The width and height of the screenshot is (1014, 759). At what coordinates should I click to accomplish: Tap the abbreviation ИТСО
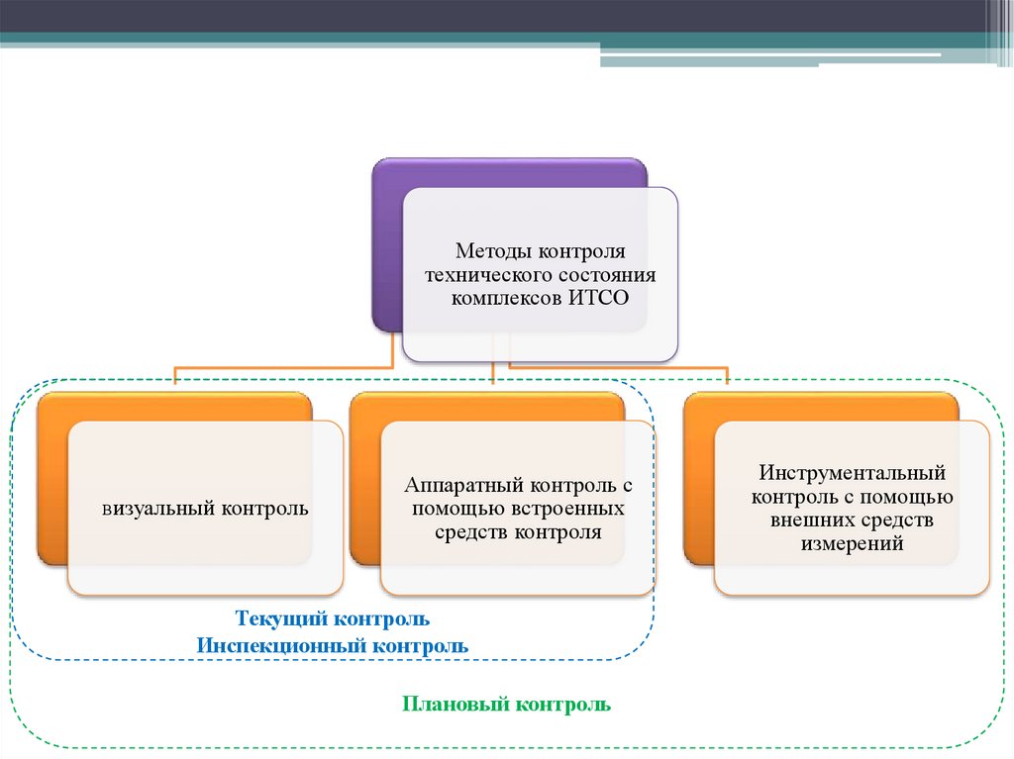(x=599, y=297)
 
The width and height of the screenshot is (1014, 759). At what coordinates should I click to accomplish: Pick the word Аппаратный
(x=463, y=485)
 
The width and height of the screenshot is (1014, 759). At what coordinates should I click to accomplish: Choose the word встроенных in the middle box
(x=576, y=508)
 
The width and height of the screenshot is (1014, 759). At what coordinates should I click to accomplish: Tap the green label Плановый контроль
(x=506, y=705)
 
